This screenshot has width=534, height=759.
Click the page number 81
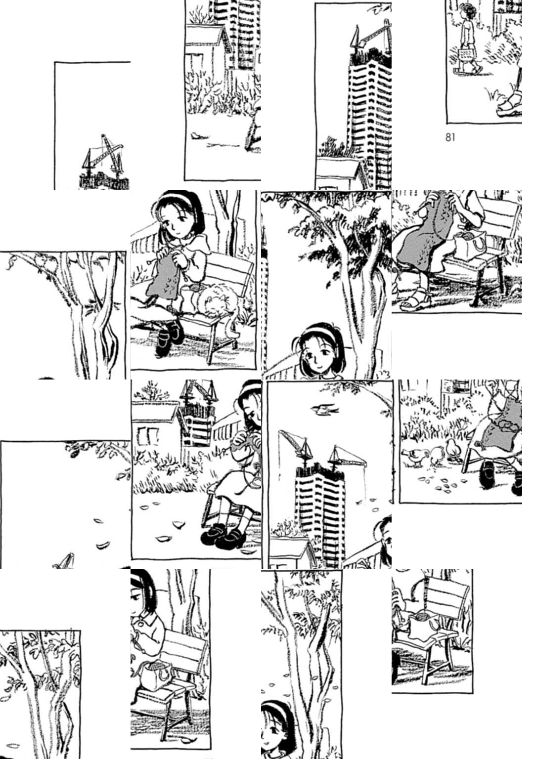[x=449, y=137]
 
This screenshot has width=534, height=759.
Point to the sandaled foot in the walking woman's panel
[x=509, y=105]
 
